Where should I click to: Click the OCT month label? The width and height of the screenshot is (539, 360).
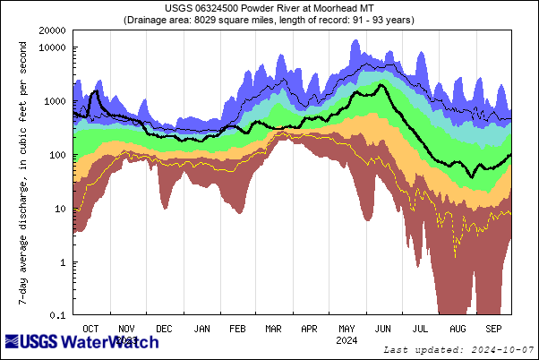[x=90, y=328]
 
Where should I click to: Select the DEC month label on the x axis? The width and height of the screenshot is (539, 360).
[x=166, y=328]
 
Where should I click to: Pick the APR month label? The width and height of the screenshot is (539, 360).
[x=309, y=328]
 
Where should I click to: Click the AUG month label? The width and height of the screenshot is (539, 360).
[x=458, y=328]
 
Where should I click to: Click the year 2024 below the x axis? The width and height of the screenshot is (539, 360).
[x=346, y=339]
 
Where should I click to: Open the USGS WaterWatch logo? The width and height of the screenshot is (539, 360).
[x=82, y=342]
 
